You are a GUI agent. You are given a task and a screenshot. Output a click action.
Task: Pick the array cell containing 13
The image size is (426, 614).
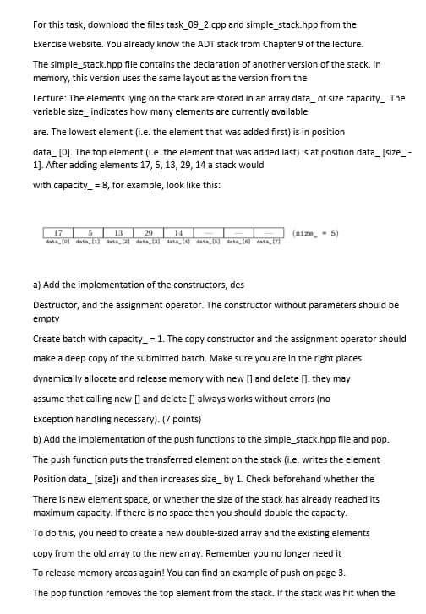click(117, 209)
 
